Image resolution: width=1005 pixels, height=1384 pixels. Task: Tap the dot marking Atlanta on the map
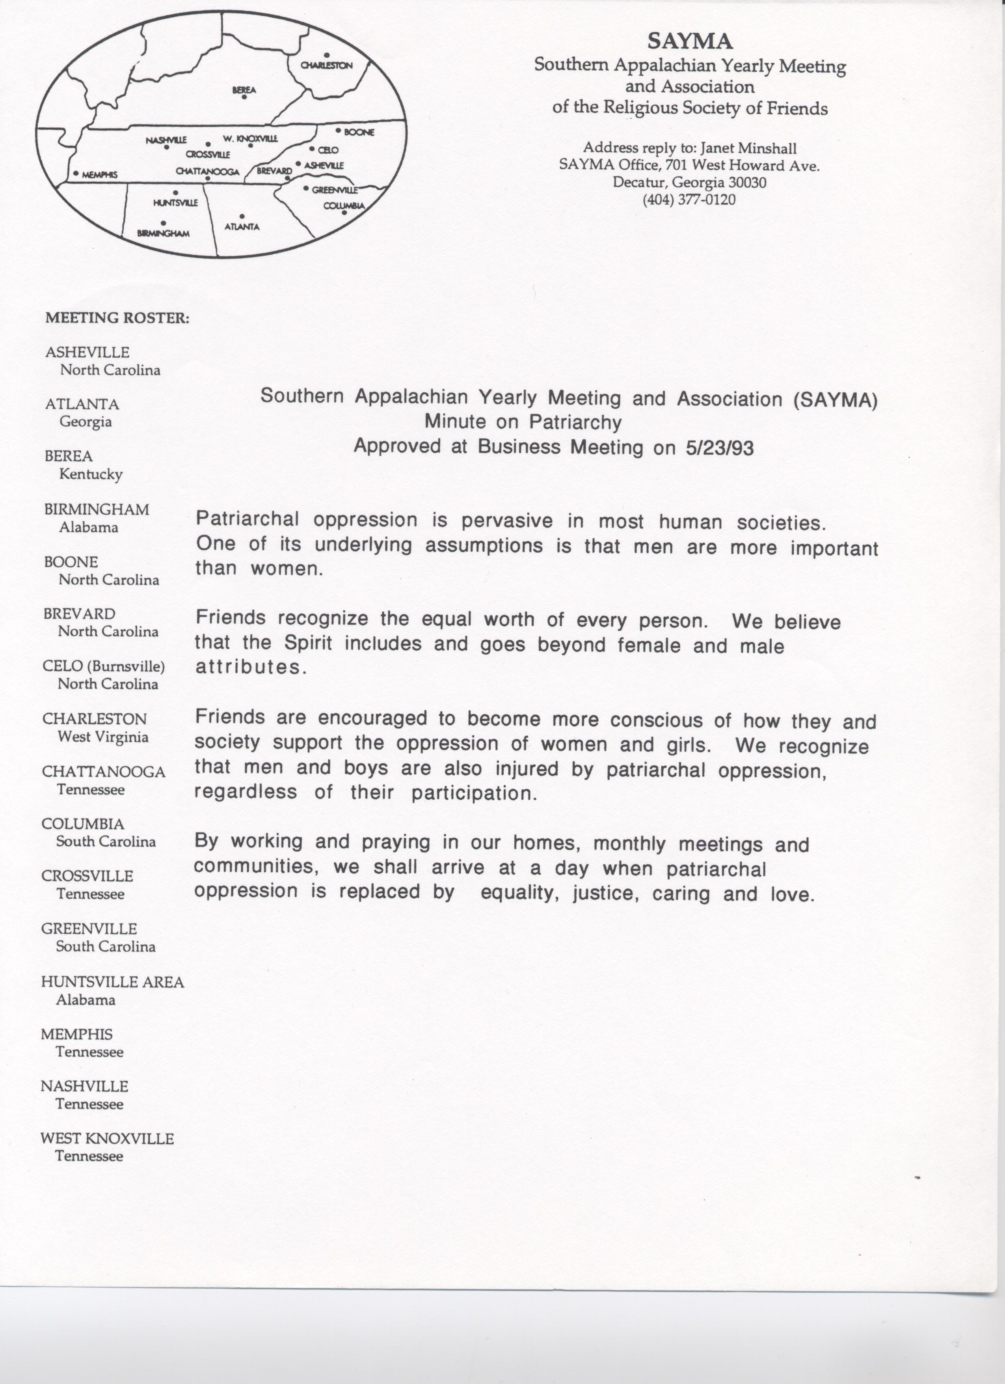(x=242, y=216)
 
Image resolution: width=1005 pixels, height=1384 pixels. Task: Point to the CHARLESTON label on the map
(x=327, y=65)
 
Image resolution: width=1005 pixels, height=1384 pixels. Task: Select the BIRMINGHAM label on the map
(x=164, y=233)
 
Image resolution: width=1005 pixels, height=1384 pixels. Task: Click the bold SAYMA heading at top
(x=690, y=41)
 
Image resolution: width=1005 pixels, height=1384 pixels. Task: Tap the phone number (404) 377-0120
(x=689, y=200)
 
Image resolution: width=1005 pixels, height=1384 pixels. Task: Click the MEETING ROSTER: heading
(x=117, y=318)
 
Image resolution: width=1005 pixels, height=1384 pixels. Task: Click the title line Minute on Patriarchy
(x=523, y=422)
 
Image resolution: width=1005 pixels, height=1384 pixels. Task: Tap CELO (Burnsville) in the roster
(x=104, y=666)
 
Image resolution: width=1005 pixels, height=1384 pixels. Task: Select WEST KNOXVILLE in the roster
(x=107, y=1139)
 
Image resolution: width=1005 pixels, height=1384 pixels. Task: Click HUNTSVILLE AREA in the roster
(x=112, y=982)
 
